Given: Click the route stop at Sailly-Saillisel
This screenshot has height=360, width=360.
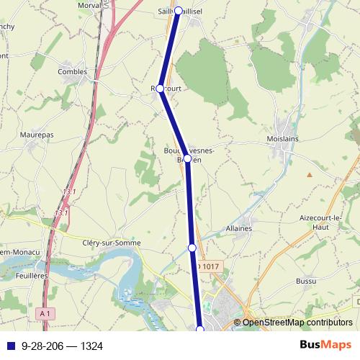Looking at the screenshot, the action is click(178, 12).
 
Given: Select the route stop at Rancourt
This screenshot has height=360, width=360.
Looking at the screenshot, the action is click(161, 89).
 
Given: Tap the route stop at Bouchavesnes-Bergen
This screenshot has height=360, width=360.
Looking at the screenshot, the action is click(187, 158).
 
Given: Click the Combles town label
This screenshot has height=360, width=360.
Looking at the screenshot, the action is click(71, 72).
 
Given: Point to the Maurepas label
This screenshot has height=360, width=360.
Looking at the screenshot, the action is click(37, 134).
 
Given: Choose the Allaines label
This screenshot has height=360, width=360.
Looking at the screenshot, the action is click(238, 228).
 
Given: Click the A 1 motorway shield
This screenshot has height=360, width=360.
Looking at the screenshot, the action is click(45, 313).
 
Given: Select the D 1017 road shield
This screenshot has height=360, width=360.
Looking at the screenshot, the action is click(207, 267).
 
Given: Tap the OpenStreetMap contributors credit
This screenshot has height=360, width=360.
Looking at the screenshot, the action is click(297, 323).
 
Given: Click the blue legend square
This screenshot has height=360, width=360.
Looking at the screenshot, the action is click(10, 346).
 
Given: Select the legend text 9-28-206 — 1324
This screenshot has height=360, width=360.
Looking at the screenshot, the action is click(63, 346).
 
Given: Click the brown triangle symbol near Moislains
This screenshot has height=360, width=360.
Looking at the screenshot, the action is click(309, 174).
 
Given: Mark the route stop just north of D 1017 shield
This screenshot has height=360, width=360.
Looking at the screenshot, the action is click(192, 248).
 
